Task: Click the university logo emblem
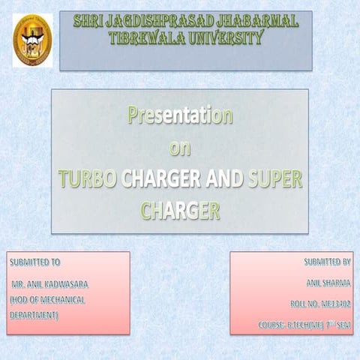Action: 33,40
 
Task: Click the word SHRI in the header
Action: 90,22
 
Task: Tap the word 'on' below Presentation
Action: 180,148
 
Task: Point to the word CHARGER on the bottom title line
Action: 180,211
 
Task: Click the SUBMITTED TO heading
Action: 34,262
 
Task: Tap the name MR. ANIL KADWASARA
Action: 49,286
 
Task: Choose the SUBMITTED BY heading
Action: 327,262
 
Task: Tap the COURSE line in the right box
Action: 304,325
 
